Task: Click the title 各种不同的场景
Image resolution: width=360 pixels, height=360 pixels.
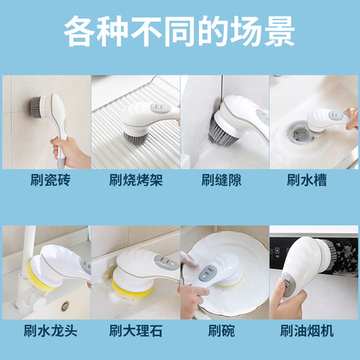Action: [179, 32]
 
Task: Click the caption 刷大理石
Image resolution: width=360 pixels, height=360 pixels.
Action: [135, 330]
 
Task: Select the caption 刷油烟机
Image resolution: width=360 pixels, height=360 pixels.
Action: [314, 330]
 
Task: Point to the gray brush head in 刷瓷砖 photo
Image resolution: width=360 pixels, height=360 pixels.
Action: [34, 107]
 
